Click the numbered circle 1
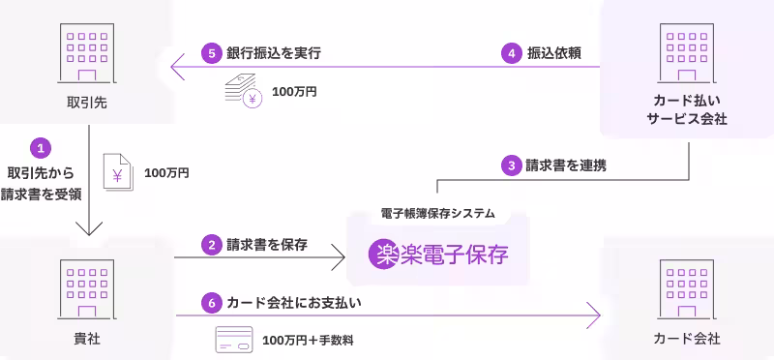(x=40, y=148)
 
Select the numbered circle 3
(x=512, y=165)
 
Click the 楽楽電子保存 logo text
(x=438, y=255)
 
